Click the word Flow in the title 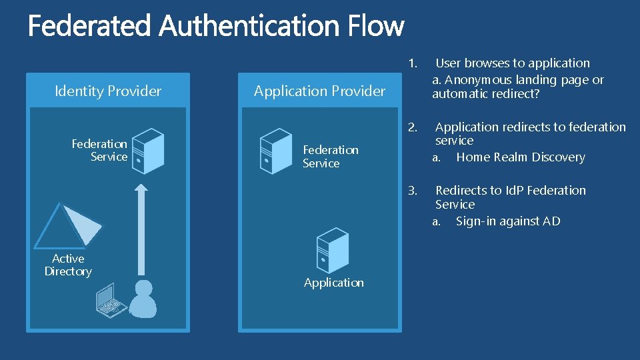click(375, 27)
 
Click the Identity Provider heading click(108, 91)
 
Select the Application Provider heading click(319, 91)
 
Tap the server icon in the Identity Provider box click(148, 151)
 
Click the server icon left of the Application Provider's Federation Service click(276, 151)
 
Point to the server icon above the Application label click(333, 250)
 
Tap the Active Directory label click(68, 265)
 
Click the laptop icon click(111, 300)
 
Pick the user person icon click(142, 299)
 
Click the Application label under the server click(334, 283)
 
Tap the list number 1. click(413, 64)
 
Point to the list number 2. click(413, 127)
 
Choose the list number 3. click(413, 191)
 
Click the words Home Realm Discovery click(520, 157)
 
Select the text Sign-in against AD click(508, 221)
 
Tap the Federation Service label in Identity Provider click(100, 150)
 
